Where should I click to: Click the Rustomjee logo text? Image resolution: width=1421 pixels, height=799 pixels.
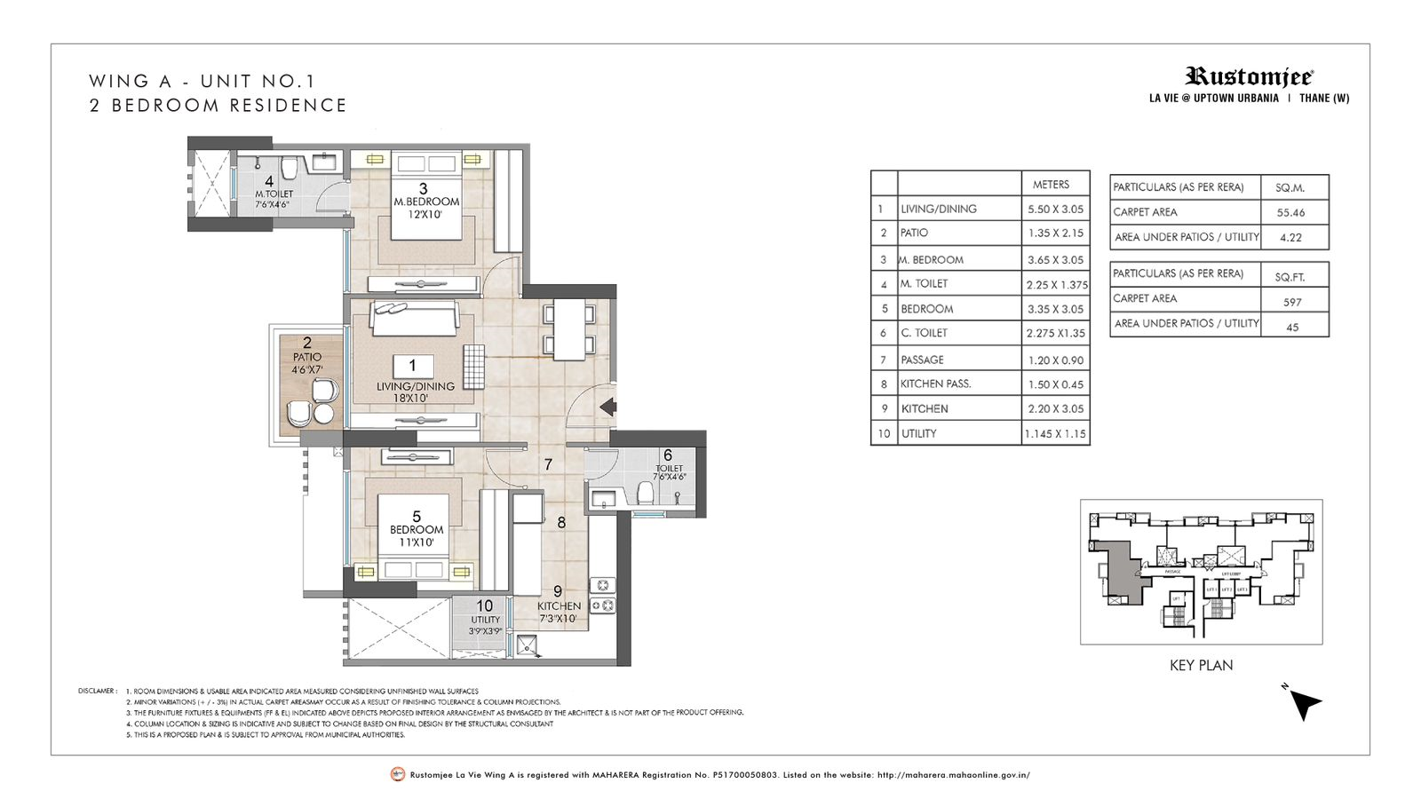click(1248, 77)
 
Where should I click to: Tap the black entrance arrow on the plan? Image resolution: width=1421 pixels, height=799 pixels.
click(608, 407)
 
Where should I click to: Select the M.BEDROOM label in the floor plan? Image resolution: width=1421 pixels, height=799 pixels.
click(426, 202)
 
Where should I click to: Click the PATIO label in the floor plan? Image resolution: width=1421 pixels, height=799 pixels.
click(307, 357)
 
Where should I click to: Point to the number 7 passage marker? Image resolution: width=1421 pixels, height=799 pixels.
click(548, 464)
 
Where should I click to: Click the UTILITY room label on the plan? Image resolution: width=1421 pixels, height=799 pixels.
click(485, 620)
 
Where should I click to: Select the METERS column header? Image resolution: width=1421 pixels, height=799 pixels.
click(1051, 185)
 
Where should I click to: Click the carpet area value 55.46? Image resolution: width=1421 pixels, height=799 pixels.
click(1291, 213)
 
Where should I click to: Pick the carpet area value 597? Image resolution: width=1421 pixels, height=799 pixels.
click(1292, 302)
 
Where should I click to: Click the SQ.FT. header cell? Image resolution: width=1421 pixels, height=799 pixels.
click(1290, 277)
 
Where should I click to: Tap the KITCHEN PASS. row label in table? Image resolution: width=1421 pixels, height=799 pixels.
click(935, 384)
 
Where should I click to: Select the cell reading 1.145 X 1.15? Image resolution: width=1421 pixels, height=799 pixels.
click(1054, 434)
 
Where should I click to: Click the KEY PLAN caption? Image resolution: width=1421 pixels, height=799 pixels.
click(1201, 665)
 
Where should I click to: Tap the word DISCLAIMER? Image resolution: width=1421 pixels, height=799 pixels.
click(97, 691)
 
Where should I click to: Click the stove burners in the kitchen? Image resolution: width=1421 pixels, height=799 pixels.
click(603, 595)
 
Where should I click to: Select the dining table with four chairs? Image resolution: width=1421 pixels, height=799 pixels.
click(569, 329)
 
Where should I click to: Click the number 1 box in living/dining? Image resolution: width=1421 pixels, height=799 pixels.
click(412, 365)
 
